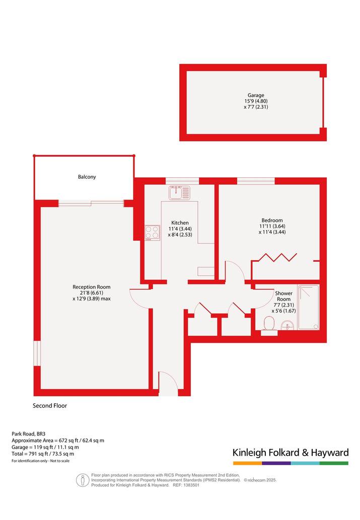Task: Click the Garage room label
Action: click(256, 95)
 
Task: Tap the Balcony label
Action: click(87, 177)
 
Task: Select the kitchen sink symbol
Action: click(180, 193)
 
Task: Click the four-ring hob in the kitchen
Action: click(153, 233)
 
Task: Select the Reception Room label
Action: click(92, 287)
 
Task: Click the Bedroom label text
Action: click(272, 220)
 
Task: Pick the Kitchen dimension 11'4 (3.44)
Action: click(180, 229)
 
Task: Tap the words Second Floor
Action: click(50, 406)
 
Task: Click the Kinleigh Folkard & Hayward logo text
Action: click(291, 453)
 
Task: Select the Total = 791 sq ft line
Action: click(43, 454)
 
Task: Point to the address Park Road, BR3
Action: click(29, 433)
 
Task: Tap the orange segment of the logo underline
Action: click(247, 463)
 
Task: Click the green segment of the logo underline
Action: click(334, 463)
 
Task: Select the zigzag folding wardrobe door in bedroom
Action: click(277, 257)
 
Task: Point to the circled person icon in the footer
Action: click(83, 480)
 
